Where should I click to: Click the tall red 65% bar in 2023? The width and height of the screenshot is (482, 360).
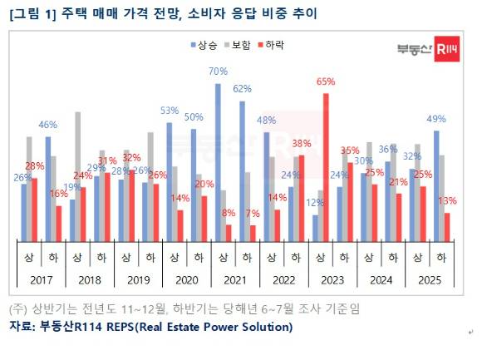(327, 166)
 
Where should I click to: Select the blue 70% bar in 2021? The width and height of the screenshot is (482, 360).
(218, 162)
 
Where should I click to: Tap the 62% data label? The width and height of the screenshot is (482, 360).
(242, 88)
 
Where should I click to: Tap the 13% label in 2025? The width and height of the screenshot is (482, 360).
(447, 200)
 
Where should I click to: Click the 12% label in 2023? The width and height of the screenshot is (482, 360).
(314, 203)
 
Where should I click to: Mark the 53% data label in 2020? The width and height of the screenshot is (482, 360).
(170, 110)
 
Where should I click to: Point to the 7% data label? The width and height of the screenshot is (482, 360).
(253, 213)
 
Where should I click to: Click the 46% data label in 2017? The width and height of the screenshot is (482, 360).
(47, 125)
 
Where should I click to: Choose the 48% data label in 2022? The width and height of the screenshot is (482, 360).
(266, 121)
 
